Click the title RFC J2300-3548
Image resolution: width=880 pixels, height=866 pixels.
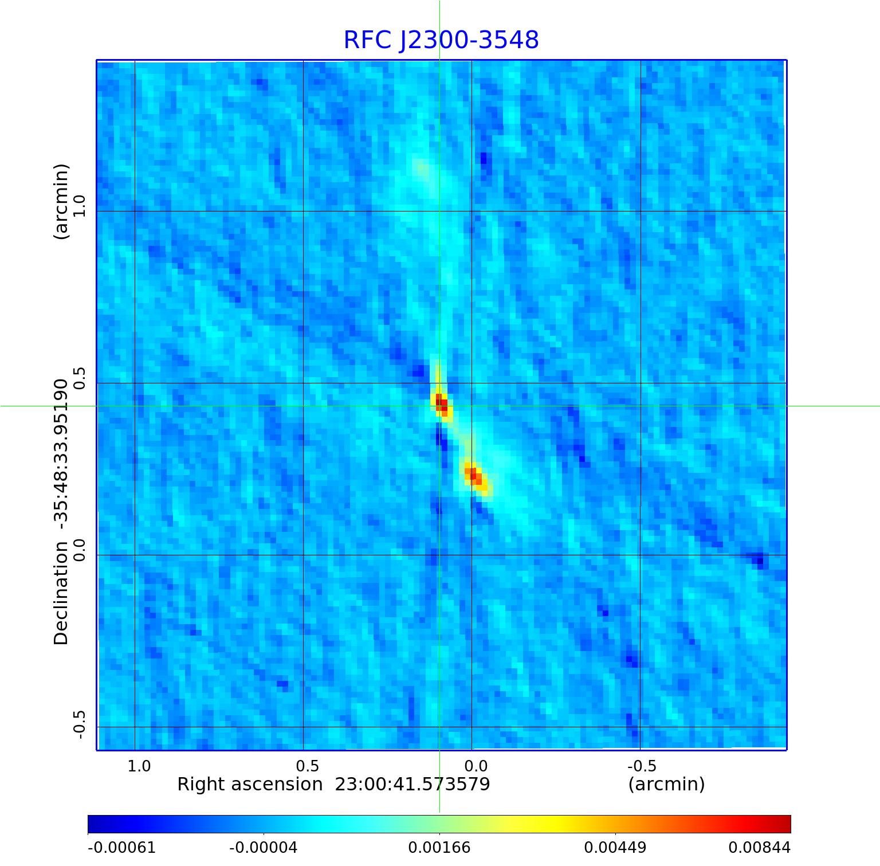pyautogui.click(x=441, y=40)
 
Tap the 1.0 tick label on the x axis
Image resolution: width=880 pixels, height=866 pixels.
pyautogui.click(x=139, y=766)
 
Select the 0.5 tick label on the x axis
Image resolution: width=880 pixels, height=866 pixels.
pyautogui.click(x=308, y=766)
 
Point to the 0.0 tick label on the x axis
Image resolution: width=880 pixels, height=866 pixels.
pyautogui.click(x=476, y=766)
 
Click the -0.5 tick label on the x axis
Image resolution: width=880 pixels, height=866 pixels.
pyautogui.click(x=642, y=766)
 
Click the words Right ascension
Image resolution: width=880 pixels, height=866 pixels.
pyautogui.click(x=250, y=784)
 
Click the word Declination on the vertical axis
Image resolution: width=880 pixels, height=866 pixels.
pyautogui.click(x=61, y=593)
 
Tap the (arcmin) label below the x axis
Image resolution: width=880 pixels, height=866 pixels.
pyautogui.click(x=666, y=784)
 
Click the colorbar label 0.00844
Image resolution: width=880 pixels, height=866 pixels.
pyautogui.click(x=759, y=847)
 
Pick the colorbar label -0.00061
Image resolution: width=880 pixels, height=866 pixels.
pyautogui.click(x=121, y=847)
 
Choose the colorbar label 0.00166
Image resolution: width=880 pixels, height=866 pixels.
pyautogui.click(x=439, y=847)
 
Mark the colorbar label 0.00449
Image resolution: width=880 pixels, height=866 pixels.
pyautogui.click(x=615, y=847)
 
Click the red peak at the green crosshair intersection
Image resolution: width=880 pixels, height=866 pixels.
pyautogui.click(x=441, y=402)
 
